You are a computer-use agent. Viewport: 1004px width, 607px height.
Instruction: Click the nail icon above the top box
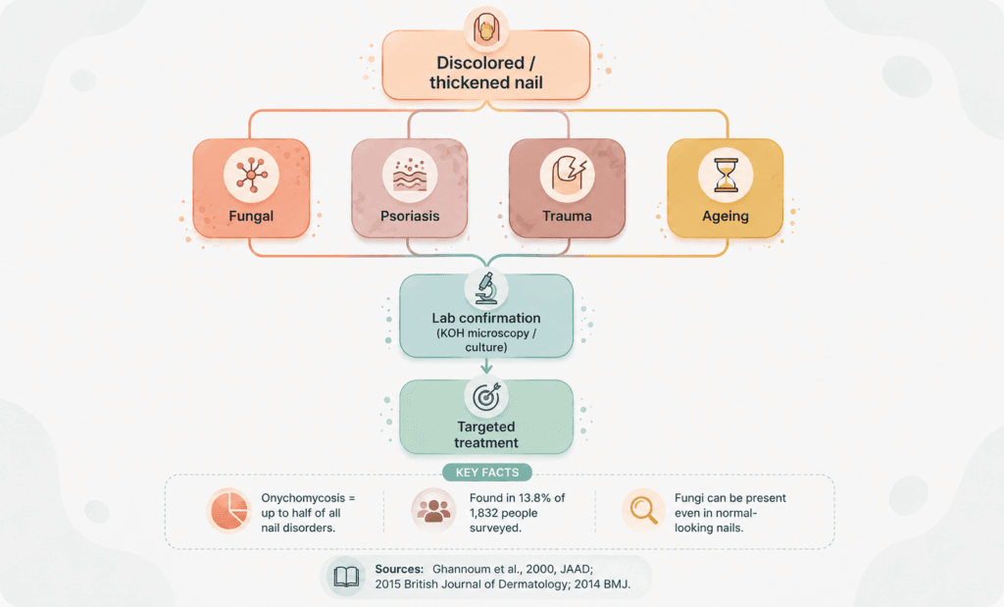pyautogui.click(x=486, y=29)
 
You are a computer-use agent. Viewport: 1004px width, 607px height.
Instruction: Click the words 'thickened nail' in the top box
pyautogui.click(x=486, y=82)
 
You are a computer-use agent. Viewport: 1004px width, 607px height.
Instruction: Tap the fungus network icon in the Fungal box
pyautogui.click(x=251, y=175)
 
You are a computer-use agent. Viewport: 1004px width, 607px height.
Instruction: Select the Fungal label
pyautogui.click(x=251, y=217)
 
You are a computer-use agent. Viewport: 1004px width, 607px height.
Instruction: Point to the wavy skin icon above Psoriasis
pyautogui.click(x=410, y=175)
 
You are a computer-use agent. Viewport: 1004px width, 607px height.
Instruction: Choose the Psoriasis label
pyautogui.click(x=410, y=217)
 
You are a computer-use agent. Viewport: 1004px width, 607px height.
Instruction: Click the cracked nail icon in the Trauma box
pyautogui.click(x=568, y=175)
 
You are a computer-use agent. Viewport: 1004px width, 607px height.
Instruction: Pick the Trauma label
pyautogui.click(x=568, y=217)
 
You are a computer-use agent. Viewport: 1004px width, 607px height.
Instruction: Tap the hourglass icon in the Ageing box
pyautogui.click(x=726, y=175)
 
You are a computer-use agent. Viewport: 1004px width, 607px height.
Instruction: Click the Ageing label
pyautogui.click(x=726, y=217)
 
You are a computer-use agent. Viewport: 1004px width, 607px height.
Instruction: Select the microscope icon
pyautogui.click(x=486, y=288)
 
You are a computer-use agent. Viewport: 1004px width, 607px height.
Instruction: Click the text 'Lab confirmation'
pyautogui.click(x=486, y=319)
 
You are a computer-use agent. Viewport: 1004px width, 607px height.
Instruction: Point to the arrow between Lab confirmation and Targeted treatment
pyautogui.click(x=486, y=366)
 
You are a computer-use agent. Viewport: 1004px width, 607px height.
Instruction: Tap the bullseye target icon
pyautogui.click(x=486, y=397)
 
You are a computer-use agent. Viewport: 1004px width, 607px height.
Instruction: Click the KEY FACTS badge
pyautogui.click(x=487, y=473)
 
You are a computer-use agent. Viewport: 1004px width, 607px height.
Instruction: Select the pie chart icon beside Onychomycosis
pyautogui.click(x=229, y=510)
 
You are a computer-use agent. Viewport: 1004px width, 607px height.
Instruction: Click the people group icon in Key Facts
pyautogui.click(x=433, y=510)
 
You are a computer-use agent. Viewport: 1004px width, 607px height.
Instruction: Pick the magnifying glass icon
pyautogui.click(x=643, y=510)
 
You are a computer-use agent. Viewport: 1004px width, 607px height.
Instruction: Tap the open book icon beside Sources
pyautogui.click(x=346, y=577)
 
